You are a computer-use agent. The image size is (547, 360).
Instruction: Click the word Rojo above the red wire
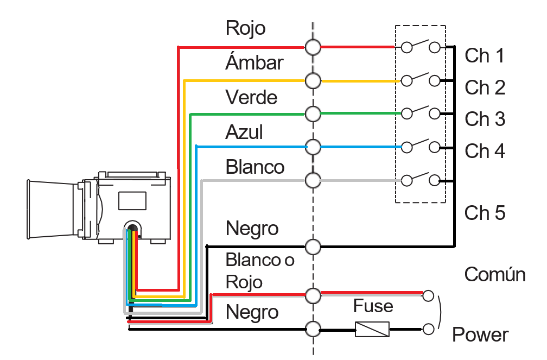(246, 28)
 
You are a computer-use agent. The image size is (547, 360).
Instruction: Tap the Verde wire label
(252, 97)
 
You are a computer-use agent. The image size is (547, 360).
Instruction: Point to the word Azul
(244, 132)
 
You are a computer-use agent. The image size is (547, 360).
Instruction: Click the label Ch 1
(485, 56)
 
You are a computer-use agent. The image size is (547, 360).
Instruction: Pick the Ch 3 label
(485, 119)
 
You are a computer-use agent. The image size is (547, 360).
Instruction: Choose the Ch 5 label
(485, 213)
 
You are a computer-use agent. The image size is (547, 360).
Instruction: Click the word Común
(495, 274)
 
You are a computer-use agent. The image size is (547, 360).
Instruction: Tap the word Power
(480, 335)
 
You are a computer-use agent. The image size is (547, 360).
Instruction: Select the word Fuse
(373, 306)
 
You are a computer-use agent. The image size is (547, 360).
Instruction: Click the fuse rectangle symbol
(372, 329)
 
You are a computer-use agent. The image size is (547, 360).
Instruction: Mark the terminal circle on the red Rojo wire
(313, 47)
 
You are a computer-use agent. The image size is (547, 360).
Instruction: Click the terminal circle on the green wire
(313, 114)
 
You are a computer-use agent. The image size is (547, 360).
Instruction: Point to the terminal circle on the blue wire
(313, 147)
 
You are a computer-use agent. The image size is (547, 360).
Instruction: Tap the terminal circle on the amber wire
(313, 81)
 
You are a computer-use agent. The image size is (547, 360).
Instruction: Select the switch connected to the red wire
(421, 46)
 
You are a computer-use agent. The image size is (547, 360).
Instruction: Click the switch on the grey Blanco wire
(421, 179)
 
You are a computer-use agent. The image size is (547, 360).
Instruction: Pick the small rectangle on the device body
(132, 201)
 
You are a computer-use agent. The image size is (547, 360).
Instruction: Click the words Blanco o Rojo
(260, 271)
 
